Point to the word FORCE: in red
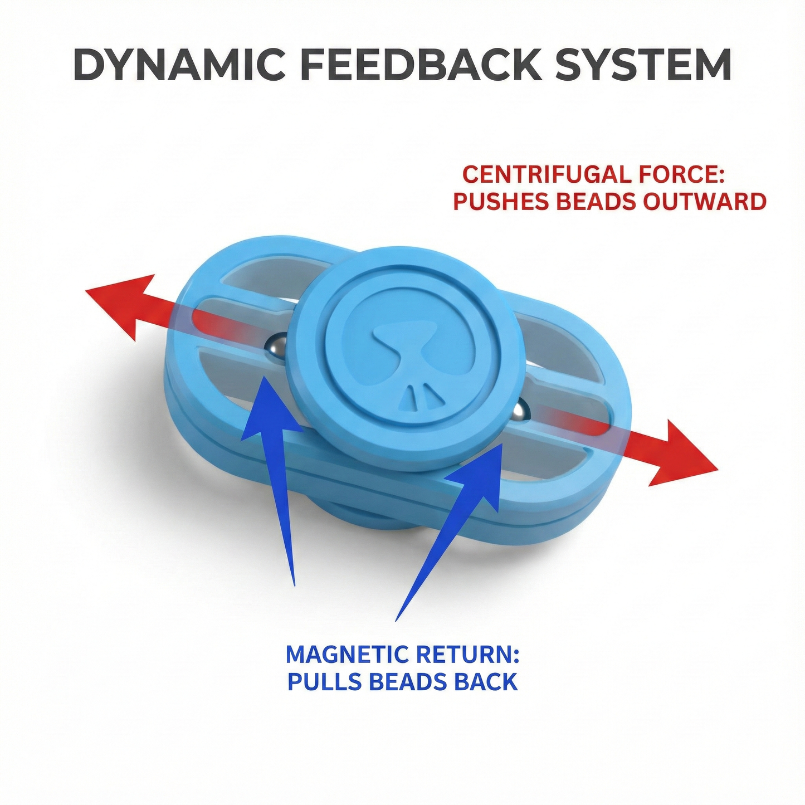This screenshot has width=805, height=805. tap(681, 175)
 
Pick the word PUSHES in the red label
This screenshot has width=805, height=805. tap(500, 202)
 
